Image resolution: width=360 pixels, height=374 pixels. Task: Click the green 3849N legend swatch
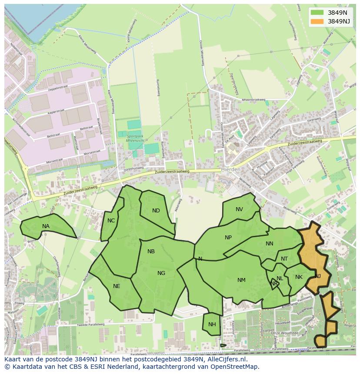coord(317,13)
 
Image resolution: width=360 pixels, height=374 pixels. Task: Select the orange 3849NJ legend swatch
coord(317,21)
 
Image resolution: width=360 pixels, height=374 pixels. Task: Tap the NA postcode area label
coord(46,226)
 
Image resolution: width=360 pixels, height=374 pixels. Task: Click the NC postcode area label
coord(111,221)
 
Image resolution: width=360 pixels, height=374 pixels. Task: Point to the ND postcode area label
coord(156,211)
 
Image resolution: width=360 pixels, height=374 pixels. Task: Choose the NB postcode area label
coord(151,252)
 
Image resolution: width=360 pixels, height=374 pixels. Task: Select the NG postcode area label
coord(161,273)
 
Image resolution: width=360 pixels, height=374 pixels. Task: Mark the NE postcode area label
coord(117,286)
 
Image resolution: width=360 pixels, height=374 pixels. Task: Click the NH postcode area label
coord(212,324)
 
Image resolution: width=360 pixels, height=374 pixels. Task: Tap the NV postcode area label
coord(239,209)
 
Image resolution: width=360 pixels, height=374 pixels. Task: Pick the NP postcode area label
coord(228,238)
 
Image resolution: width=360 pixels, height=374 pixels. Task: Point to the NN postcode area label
coord(270,244)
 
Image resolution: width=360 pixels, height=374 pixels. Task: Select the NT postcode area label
coord(284,259)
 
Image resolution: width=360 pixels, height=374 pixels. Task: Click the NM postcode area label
coord(241,280)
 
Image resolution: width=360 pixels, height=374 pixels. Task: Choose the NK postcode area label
coord(299,277)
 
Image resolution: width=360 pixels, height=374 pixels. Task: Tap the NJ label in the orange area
coord(318,276)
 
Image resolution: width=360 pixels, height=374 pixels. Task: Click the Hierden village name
coord(230,169)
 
